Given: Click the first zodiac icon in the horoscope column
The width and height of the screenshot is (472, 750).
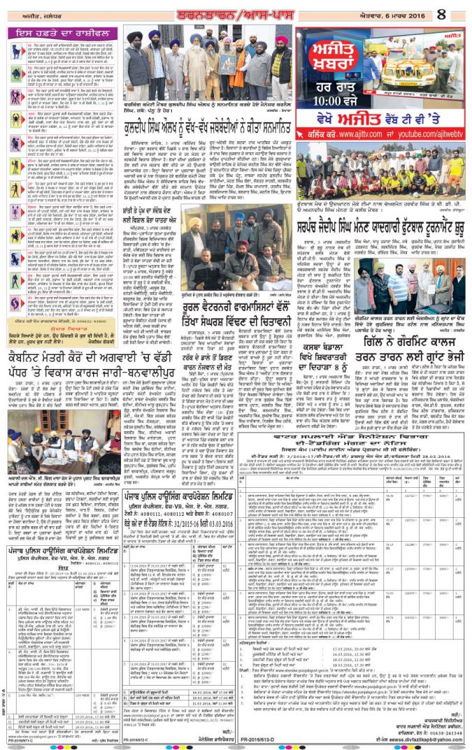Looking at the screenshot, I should pos(15,51).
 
